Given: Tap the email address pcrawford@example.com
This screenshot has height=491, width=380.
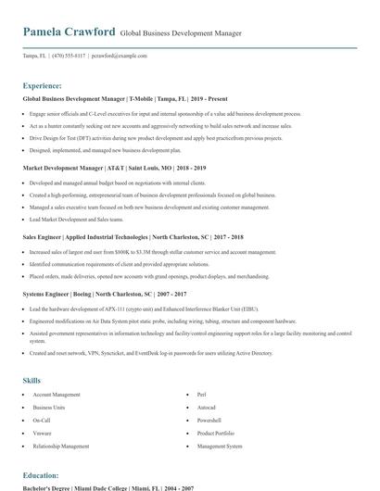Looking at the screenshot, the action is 120,56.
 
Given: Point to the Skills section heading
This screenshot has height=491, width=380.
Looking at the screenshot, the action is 32,381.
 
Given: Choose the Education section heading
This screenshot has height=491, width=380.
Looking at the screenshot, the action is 41,475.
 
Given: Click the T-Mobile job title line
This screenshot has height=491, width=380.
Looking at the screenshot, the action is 124,98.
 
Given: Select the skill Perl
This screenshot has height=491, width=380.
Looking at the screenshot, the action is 203,395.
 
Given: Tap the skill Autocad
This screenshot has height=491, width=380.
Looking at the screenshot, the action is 207,408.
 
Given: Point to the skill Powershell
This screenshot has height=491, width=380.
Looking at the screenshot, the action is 209,420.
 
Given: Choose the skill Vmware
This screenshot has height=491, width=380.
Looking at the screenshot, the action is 42,433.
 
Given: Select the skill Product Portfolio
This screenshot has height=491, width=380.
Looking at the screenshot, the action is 216,433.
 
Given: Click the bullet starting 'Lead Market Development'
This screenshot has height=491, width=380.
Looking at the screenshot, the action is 76,220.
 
